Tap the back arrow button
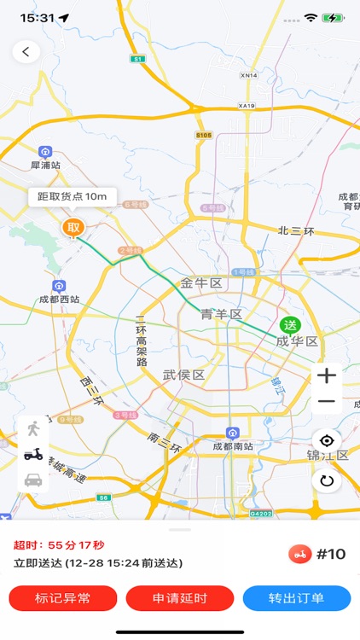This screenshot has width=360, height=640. (26, 52)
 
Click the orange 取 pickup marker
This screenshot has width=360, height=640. (73, 227)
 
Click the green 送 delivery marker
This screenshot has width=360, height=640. (290, 324)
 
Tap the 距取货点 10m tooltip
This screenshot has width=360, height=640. (73, 196)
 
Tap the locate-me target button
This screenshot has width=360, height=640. (326, 440)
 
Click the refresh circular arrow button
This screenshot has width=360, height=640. (326, 480)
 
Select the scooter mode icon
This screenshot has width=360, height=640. (33, 454)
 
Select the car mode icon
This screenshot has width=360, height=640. (33, 480)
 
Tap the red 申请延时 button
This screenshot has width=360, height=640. (180, 598)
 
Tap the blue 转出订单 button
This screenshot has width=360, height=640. (296, 598)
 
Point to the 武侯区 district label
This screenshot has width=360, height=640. (183, 375)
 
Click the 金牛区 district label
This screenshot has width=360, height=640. (201, 282)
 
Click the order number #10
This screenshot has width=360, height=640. (331, 555)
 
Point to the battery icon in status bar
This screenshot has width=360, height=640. (333, 17)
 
